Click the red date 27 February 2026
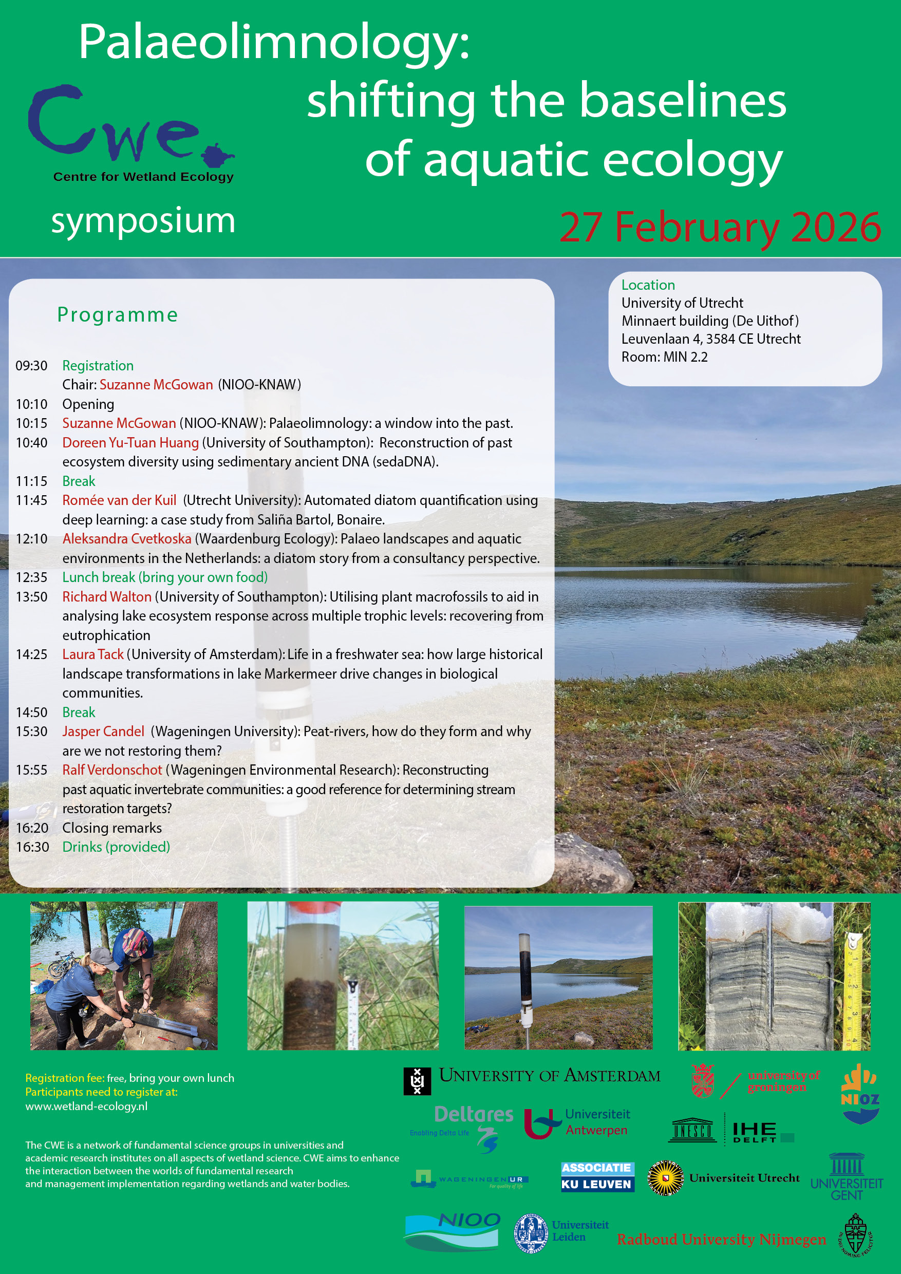[720, 227]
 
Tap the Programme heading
[118, 314]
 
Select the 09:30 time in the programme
[32, 366]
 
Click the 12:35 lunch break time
[32, 577]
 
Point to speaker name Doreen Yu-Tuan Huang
[130, 443]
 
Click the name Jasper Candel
[103, 732]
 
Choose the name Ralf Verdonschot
[112, 770]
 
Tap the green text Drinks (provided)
[116, 847]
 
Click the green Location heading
[648, 285]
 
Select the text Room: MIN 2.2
[664, 357]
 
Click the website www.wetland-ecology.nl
[86, 1106]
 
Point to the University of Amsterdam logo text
[549, 1076]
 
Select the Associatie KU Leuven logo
[596, 1176]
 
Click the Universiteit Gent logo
[846, 1177]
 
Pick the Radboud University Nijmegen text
[721, 1239]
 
